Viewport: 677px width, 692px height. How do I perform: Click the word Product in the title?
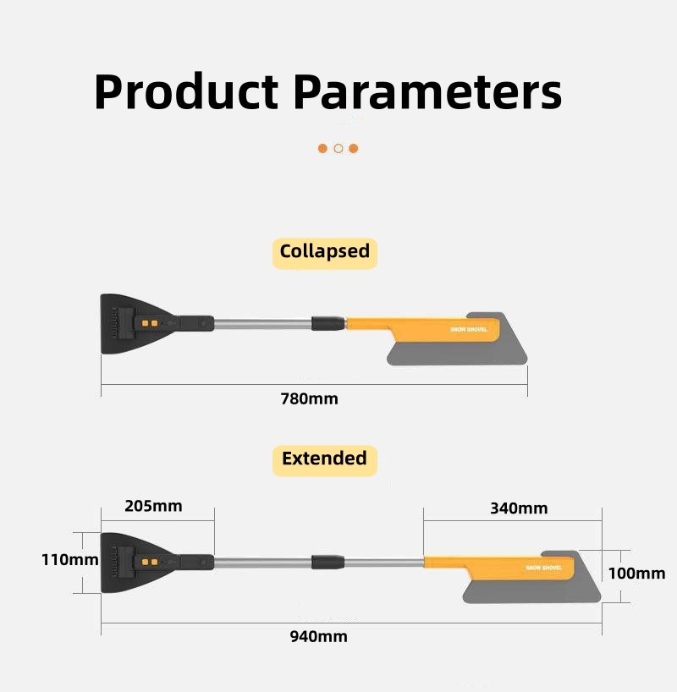point(186,92)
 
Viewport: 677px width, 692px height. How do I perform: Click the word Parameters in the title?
point(427,92)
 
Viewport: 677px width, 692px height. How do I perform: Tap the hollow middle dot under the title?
point(338,148)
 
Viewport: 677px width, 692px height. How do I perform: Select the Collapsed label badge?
point(325,253)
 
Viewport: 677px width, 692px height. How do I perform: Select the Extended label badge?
point(325,460)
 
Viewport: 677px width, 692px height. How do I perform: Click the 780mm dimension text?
point(310,399)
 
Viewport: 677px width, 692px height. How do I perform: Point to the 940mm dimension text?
point(319,637)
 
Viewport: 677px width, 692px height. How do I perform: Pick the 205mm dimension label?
point(154,506)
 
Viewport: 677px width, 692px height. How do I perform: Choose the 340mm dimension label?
point(520,508)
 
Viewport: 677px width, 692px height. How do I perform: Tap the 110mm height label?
point(69,560)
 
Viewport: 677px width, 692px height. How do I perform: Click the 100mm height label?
point(637,574)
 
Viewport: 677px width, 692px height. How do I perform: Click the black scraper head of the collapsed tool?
point(133,324)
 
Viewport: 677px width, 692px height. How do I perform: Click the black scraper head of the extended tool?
point(133,563)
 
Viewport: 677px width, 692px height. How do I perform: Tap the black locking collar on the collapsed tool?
point(328,323)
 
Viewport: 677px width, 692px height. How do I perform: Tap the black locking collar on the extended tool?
point(327,562)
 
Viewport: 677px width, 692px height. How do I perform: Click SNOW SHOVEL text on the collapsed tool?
point(469,330)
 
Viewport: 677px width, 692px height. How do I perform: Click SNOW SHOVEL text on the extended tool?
point(543,568)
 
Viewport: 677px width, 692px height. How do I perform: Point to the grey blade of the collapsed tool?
point(460,353)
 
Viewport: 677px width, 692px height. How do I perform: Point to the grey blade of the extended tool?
point(534,591)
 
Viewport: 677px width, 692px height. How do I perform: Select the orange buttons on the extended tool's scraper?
point(150,562)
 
